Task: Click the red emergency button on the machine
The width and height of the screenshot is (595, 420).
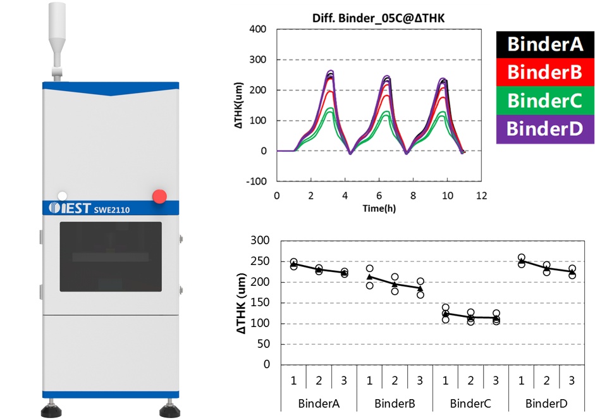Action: [159, 195]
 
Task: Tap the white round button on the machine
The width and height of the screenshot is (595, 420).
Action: [62, 195]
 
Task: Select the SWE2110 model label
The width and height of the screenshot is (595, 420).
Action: [111, 210]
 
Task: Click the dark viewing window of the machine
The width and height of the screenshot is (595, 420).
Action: [111, 256]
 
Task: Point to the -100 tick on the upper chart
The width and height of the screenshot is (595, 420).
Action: [257, 182]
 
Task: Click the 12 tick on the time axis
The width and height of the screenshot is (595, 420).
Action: [481, 195]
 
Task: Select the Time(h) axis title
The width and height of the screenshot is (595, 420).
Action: [379, 207]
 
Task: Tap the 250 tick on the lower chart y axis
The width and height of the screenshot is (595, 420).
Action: [261, 261]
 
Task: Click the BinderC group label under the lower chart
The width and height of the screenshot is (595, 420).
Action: [470, 403]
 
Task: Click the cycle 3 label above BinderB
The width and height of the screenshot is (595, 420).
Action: [420, 381]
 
